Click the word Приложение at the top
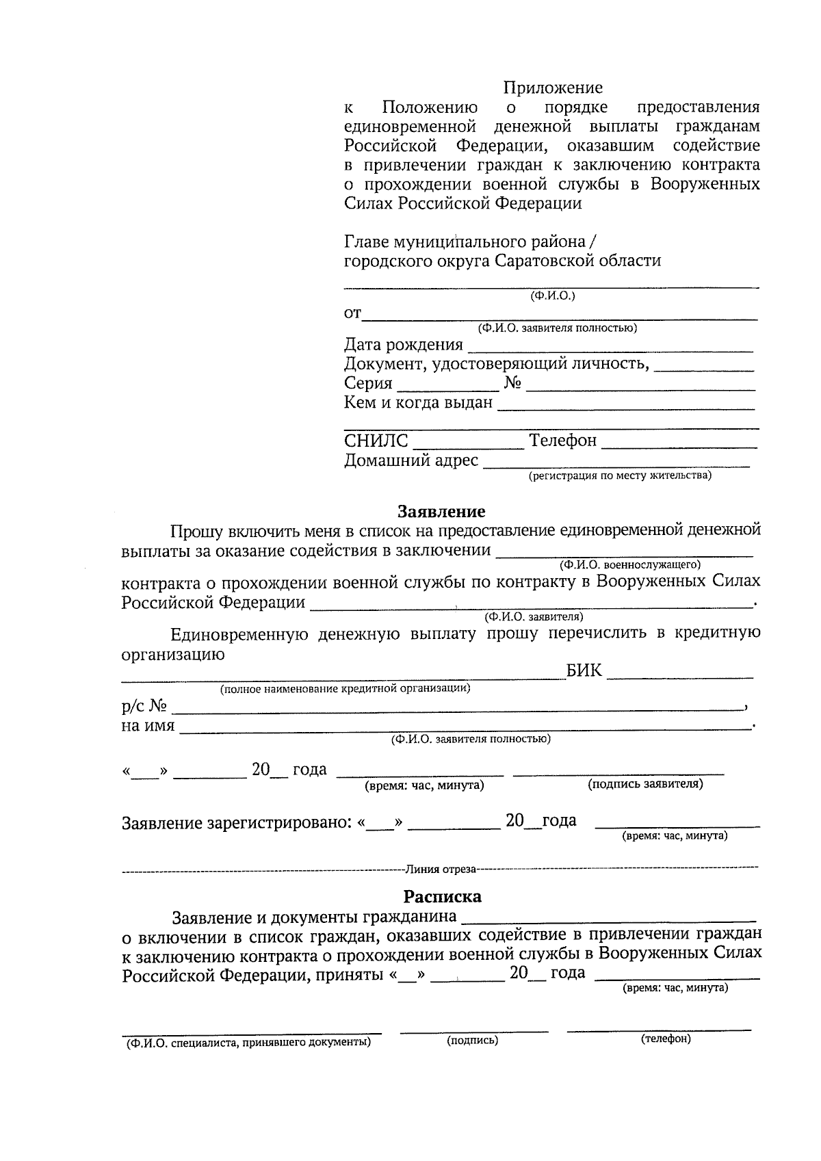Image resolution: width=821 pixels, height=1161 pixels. (553, 88)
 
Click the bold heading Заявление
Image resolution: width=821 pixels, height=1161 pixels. (441, 512)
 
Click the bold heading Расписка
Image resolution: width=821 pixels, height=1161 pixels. (442, 896)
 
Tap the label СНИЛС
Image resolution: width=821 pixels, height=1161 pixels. (376, 441)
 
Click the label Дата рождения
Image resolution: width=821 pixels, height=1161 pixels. (403, 345)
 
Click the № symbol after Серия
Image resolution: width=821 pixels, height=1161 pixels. (513, 383)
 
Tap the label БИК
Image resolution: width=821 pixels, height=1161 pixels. (584, 670)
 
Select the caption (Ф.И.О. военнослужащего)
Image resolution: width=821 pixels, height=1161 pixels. (629, 565)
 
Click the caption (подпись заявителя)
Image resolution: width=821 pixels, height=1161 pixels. (645, 784)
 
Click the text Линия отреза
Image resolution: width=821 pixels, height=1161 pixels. (440, 870)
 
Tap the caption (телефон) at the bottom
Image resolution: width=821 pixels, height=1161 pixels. (666, 1039)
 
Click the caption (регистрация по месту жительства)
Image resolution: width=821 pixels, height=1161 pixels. (619, 475)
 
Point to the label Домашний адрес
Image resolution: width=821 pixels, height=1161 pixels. (410, 460)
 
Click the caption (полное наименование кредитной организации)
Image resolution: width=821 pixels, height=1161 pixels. (345, 688)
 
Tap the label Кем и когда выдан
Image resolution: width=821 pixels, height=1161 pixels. (417, 403)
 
